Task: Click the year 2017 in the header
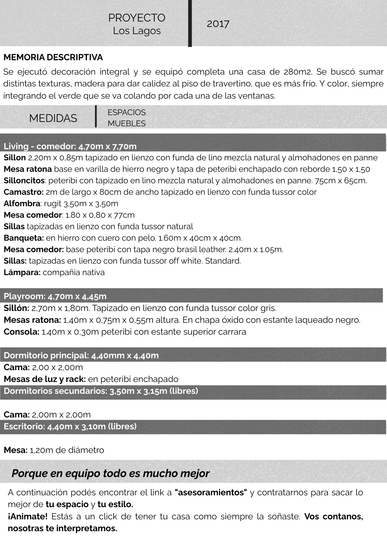pos(218,24)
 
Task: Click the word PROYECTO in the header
pos(137,18)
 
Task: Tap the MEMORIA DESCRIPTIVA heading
pos(53,57)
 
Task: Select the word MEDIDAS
pos(53,118)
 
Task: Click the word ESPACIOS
pos(126,112)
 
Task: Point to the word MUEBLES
pos(126,123)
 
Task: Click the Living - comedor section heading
pos(70,146)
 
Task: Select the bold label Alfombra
pos(22,204)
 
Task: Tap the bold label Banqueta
pos(24,238)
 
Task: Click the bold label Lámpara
pos(22,273)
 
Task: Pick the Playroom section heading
pos(55,296)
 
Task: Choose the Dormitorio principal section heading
pos(81,355)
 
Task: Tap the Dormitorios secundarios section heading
pos(101,391)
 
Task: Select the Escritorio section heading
pos(70,426)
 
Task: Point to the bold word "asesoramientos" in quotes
pos(211,492)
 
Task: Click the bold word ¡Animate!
pos(28,516)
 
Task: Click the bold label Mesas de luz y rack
pos(45,379)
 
